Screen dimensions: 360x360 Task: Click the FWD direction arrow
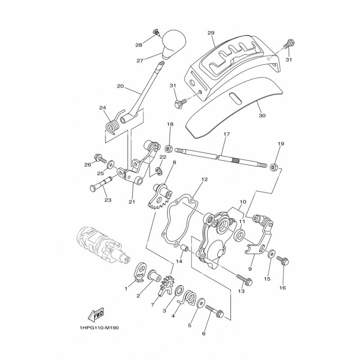tap(96, 314)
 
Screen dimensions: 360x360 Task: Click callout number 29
tap(211, 33)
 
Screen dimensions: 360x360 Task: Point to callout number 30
tap(262, 116)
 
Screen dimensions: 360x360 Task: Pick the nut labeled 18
tap(170, 148)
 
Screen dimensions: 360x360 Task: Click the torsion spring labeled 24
tap(112, 126)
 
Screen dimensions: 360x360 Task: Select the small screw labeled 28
tap(157, 32)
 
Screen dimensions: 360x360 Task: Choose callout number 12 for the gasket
tap(204, 179)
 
